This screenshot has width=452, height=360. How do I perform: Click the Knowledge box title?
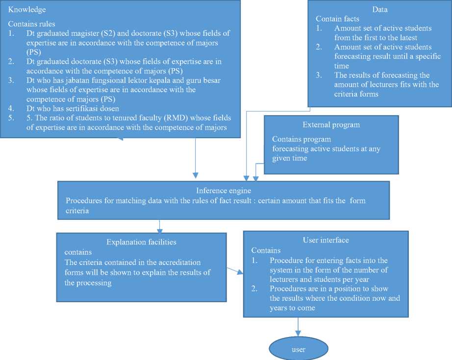(27, 10)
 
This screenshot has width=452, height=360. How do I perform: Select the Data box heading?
(379, 10)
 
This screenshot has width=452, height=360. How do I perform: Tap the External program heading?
(331, 124)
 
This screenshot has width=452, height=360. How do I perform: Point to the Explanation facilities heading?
(141, 242)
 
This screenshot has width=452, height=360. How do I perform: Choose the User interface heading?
(326, 240)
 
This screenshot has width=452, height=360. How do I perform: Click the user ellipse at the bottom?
(298, 350)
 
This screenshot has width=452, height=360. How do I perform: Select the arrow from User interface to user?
(298, 327)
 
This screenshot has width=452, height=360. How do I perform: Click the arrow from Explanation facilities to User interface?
(235, 271)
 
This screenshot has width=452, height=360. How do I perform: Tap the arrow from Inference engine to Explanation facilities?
(160, 225)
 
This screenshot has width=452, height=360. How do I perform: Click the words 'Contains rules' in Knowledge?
(32, 24)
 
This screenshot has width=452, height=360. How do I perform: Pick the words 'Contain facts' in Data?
(337, 19)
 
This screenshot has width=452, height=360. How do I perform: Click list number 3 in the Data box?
(319, 75)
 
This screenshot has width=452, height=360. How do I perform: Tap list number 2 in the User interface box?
(255, 289)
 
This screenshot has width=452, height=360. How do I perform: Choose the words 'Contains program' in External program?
(301, 140)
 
